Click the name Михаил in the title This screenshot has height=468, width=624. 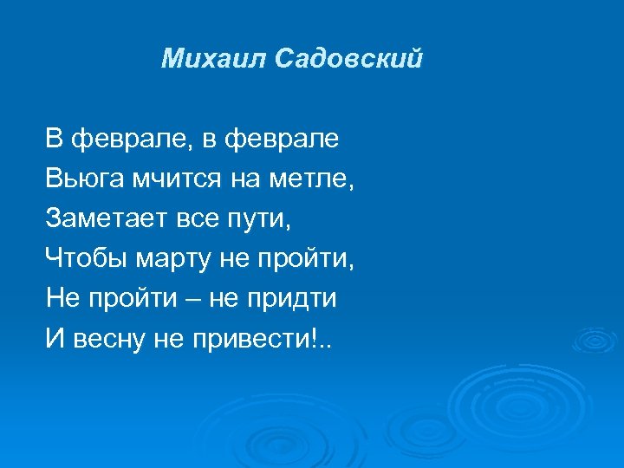tap(213, 59)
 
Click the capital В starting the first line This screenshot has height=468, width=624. tap(55, 138)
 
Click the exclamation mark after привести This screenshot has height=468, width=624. tap(325, 339)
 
